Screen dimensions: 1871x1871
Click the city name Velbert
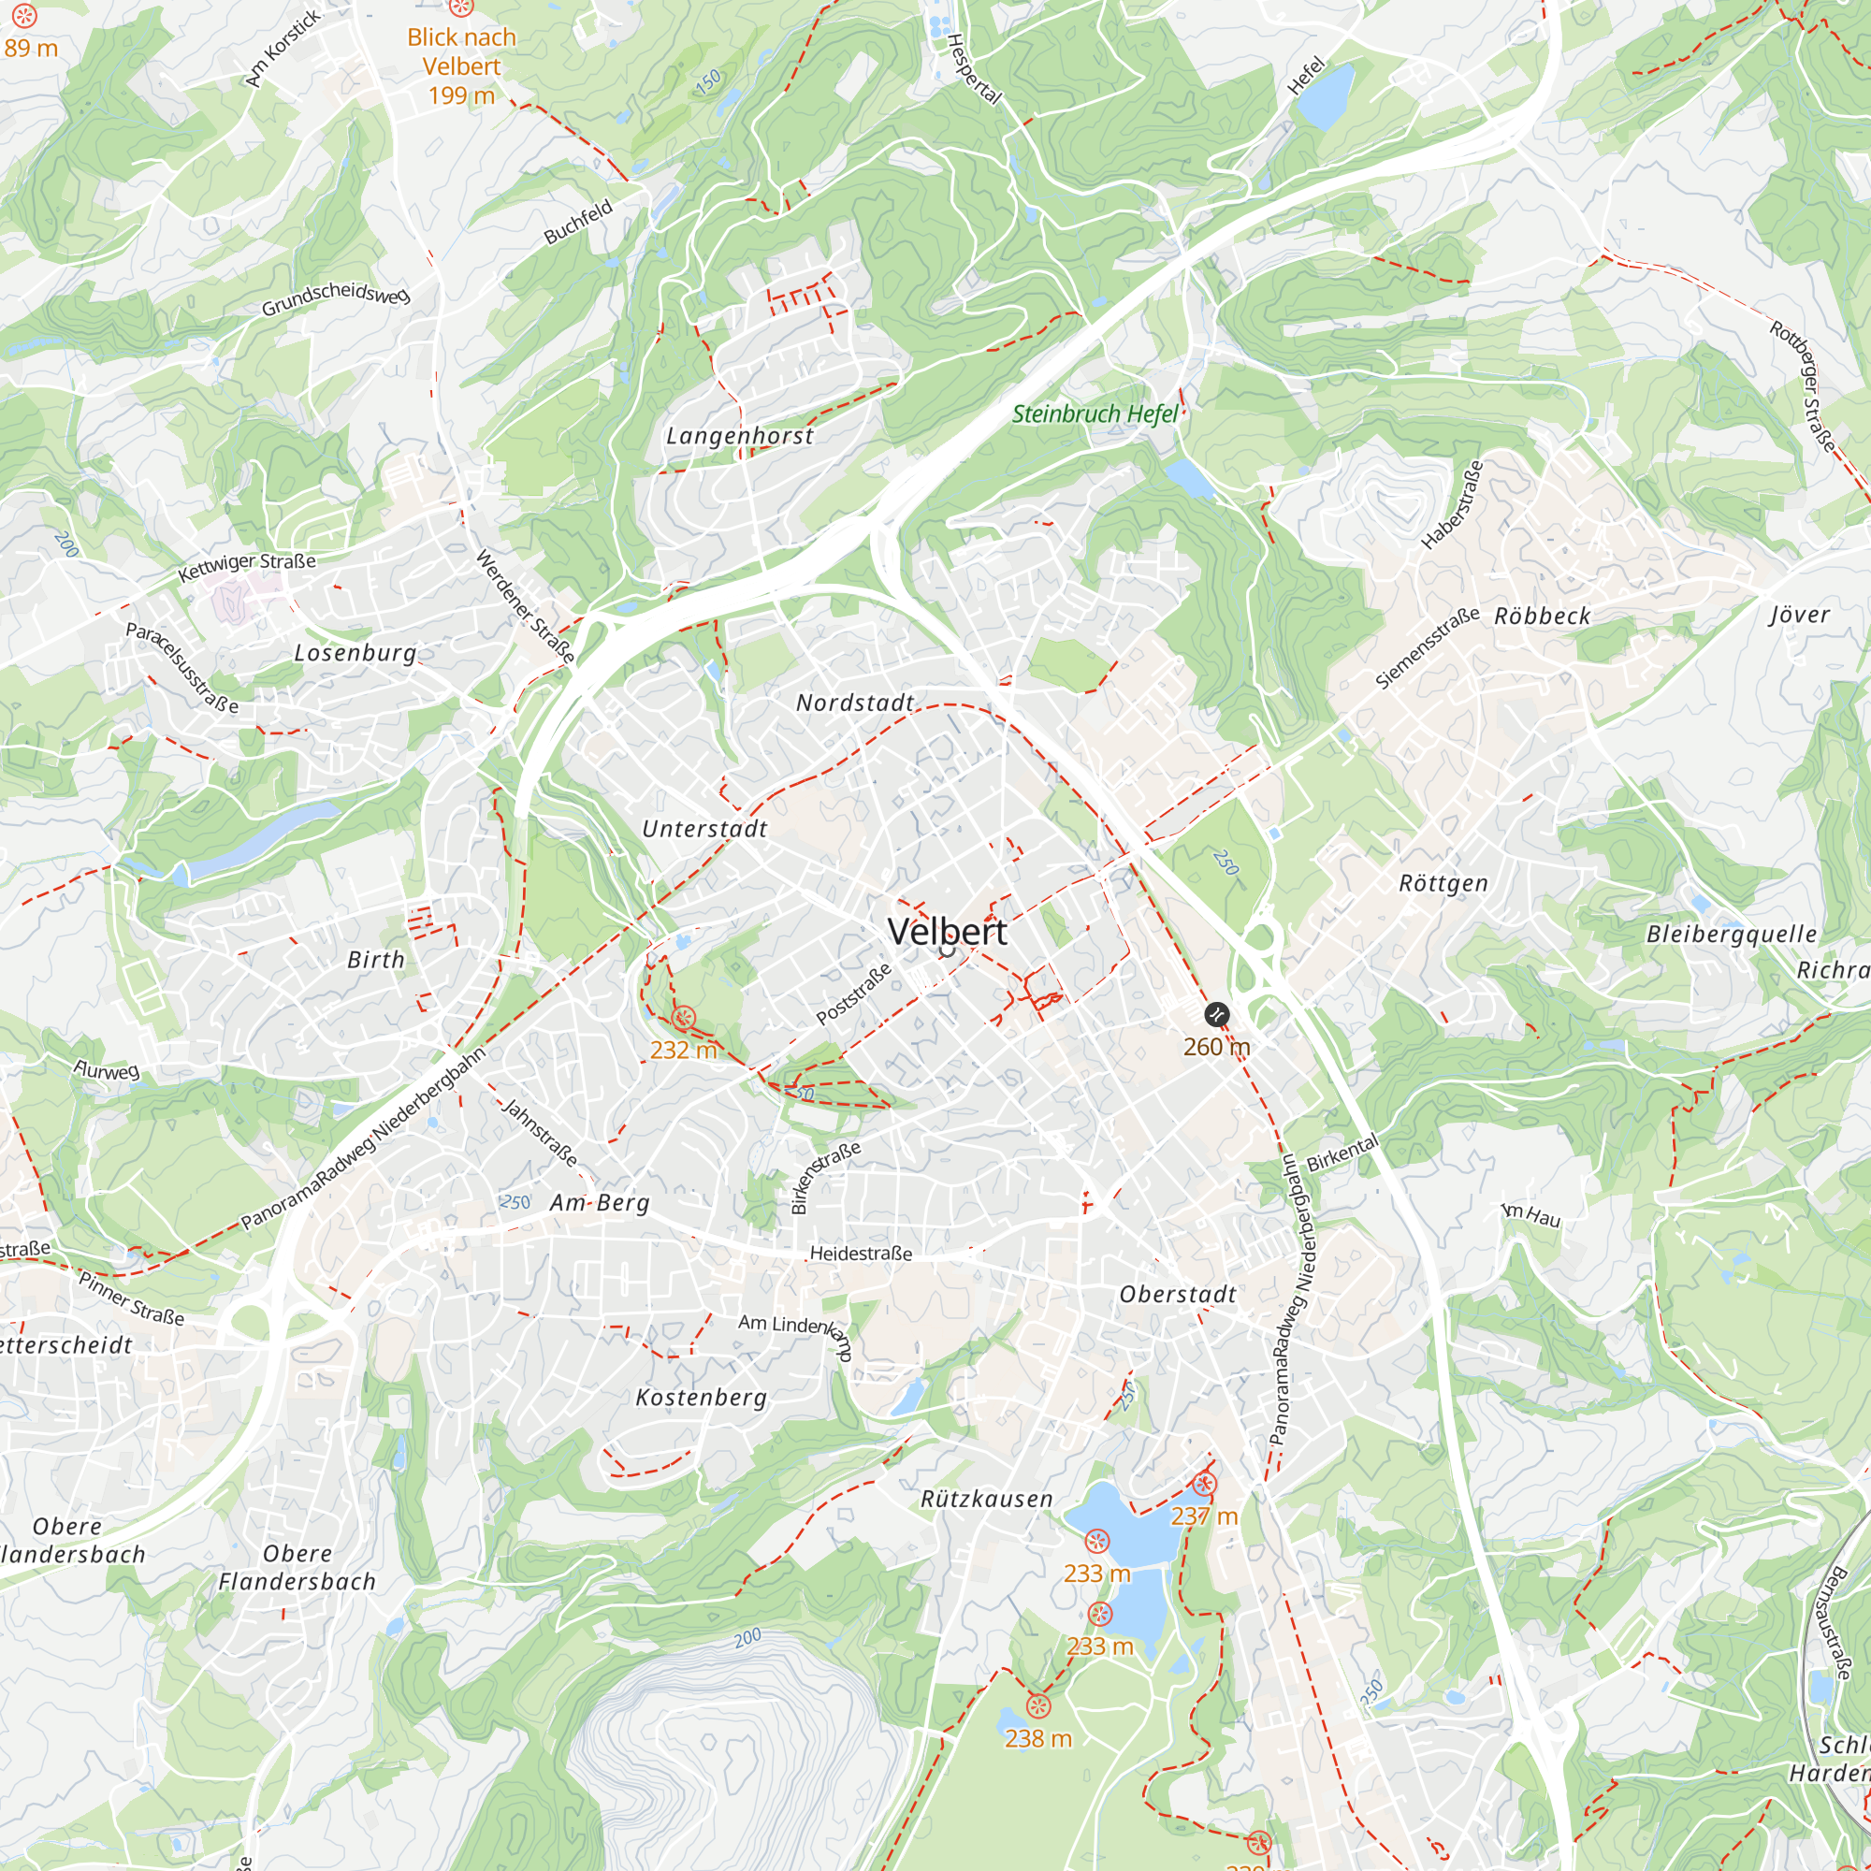(x=947, y=932)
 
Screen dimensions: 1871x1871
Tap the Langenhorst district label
(x=740, y=437)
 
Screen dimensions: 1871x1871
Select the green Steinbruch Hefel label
(x=1095, y=414)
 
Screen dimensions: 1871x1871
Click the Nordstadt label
(x=854, y=703)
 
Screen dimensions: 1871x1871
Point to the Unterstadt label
(x=704, y=829)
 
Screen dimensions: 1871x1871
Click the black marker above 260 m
(x=1216, y=1015)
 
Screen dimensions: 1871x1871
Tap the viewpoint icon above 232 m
(x=683, y=1018)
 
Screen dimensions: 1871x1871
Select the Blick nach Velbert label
(x=461, y=65)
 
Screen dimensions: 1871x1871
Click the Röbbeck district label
(x=1542, y=616)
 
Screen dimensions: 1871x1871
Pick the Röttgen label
(x=1443, y=883)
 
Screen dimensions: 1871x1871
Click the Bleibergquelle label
(x=1732, y=935)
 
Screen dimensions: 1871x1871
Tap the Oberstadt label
(x=1178, y=1295)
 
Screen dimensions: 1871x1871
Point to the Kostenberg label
(x=701, y=1398)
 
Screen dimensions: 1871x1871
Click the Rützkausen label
(x=986, y=1499)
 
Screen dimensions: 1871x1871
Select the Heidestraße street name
(x=860, y=1255)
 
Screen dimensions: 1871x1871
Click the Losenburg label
(x=355, y=653)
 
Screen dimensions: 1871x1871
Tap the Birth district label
(x=376, y=960)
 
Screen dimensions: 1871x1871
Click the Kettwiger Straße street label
(x=247, y=567)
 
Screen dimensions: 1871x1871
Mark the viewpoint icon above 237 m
(x=1204, y=1484)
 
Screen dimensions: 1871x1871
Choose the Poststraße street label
(x=853, y=994)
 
